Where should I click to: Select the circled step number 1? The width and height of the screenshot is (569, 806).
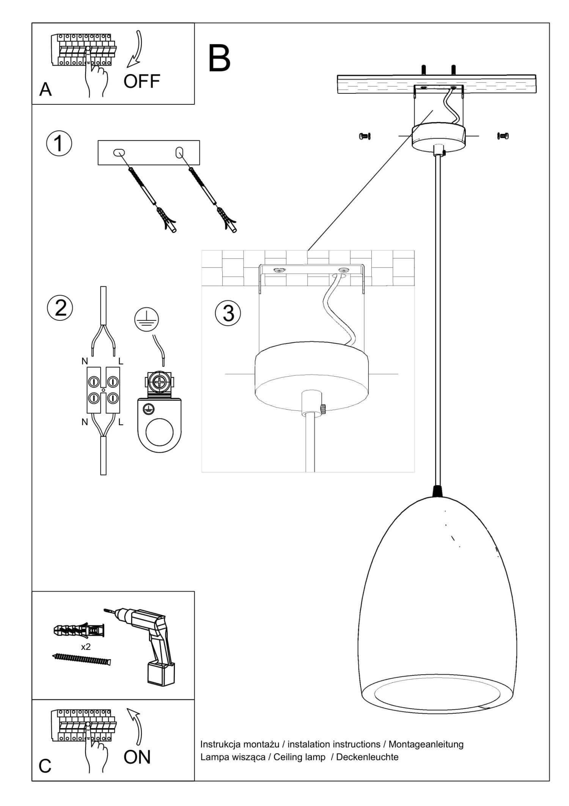(59, 144)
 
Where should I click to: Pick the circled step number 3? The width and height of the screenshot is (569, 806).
(228, 314)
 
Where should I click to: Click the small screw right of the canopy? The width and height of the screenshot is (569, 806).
(503, 136)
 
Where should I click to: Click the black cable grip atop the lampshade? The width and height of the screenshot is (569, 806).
(438, 491)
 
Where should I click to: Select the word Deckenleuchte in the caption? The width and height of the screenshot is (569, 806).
(367, 757)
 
